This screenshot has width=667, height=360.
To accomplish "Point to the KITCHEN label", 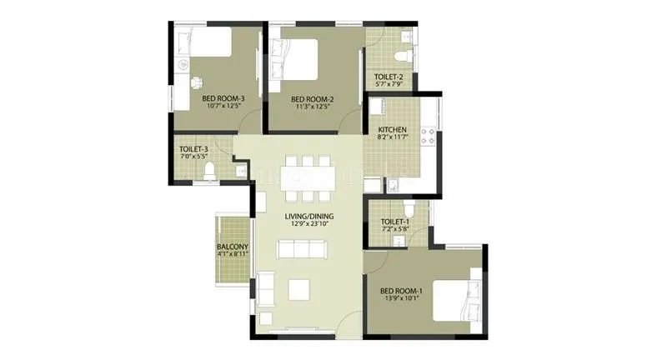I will click(x=392, y=131).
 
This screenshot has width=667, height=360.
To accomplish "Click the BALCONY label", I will click(x=233, y=247).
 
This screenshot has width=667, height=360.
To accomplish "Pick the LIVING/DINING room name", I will click(x=308, y=215).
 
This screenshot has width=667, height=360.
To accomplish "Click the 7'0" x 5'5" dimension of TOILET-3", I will click(x=193, y=157).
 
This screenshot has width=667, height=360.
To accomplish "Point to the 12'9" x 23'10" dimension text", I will click(x=308, y=223).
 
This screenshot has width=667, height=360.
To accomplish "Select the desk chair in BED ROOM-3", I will click(x=198, y=82).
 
